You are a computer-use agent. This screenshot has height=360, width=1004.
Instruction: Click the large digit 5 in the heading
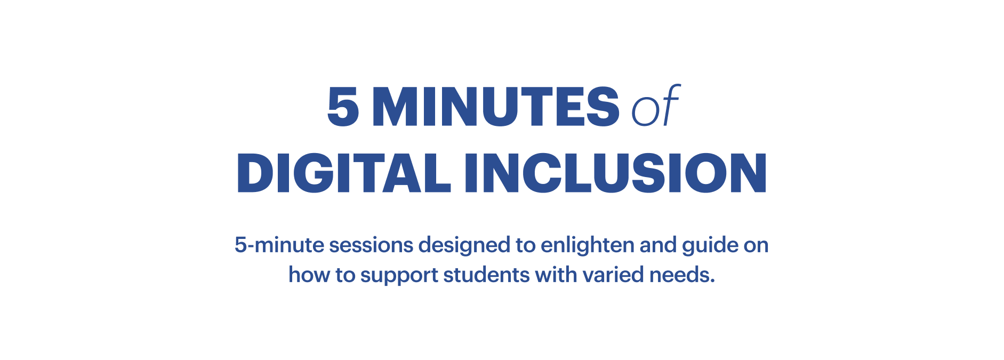tap(343, 106)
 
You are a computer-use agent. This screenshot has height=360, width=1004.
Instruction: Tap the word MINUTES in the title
tap(496, 106)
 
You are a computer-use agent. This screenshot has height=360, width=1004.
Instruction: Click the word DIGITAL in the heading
tap(344, 173)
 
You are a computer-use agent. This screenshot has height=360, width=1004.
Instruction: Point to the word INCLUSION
tap(616, 173)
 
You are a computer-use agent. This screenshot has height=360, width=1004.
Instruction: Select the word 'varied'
tap(613, 275)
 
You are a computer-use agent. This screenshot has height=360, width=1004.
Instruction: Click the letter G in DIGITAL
tap(315, 173)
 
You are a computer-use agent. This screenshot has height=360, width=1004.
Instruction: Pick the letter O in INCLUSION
tap(706, 173)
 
